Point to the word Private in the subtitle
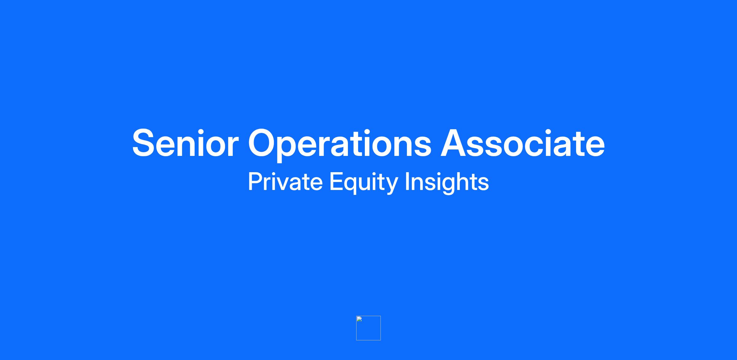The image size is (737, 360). point(285,182)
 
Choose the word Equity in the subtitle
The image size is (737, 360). point(364,183)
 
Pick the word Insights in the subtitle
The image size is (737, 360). point(447,183)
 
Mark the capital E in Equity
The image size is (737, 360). point(336,182)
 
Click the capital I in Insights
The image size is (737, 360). point(407,182)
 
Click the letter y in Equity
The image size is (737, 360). point(391,186)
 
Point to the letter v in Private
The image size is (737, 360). point(281,184)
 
